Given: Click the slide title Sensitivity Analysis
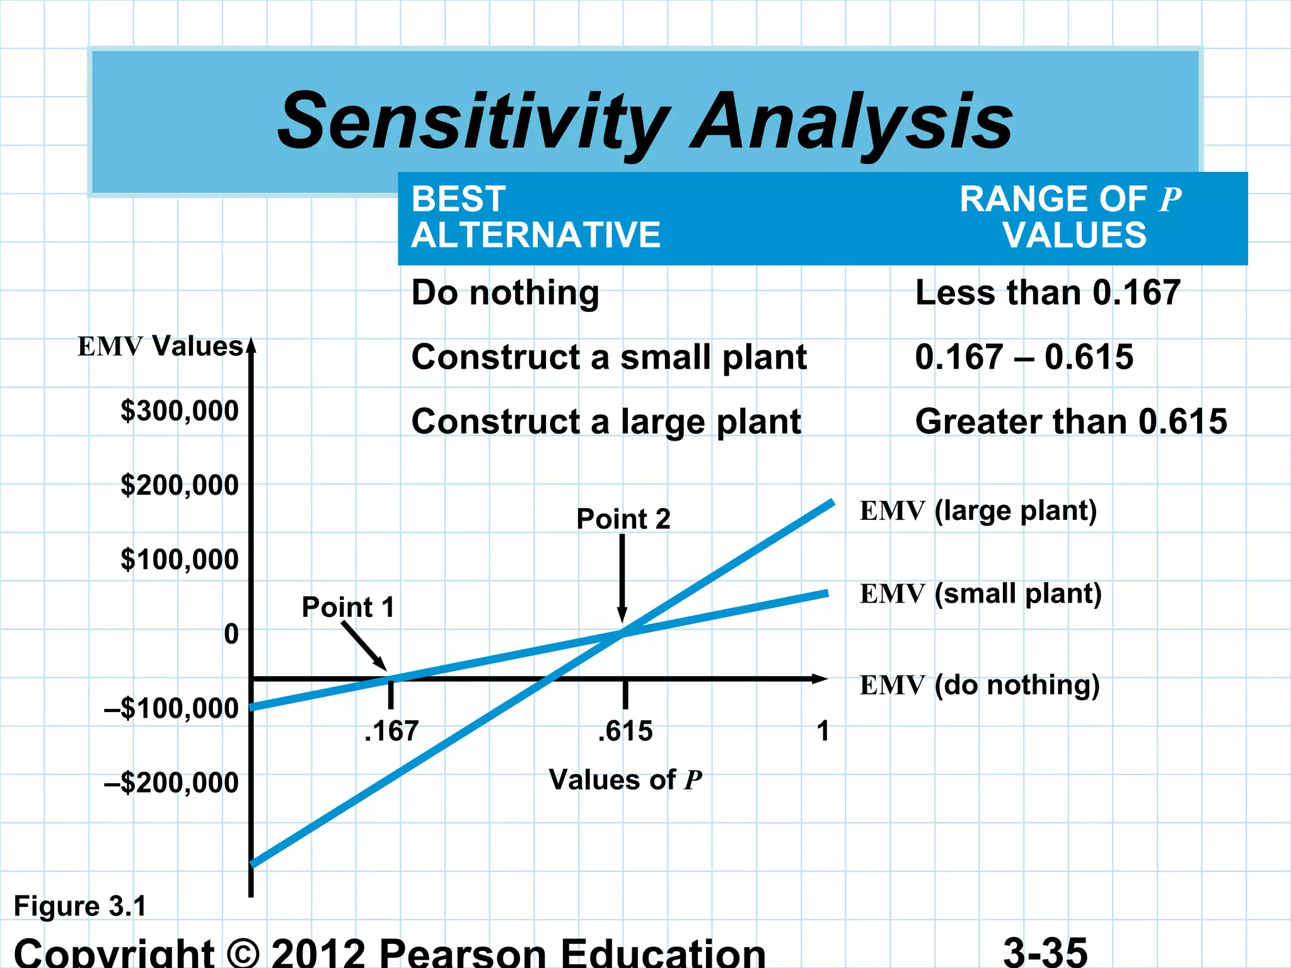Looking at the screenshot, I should (x=645, y=121).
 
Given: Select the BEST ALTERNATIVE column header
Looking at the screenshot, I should (x=535, y=217).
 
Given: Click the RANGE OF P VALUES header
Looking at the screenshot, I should (x=1071, y=217).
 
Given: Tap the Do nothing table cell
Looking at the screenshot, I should (x=505, y=294).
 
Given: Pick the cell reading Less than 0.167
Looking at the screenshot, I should (x=1048, y=293).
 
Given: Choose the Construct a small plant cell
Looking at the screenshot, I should (x=609, y=357).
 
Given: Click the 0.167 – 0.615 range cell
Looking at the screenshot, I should (x=1024, y=357).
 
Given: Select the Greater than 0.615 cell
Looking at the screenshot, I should (x=1071, y=422).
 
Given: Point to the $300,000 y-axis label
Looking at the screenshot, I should (x=180, y=411).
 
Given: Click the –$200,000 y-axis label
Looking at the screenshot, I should (x=171, y=783).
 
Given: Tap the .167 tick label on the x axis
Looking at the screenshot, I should (x=391, y=731).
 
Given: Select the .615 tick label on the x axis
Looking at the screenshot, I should (x=625, y=731).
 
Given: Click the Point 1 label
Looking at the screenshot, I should (x=348, y=608).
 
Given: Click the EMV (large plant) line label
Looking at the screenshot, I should (x=978, y=511).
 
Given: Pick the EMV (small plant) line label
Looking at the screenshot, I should (x=980, y=594).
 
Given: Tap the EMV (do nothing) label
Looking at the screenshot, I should (x=980, y=685).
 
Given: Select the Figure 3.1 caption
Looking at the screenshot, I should (x=80, y=907).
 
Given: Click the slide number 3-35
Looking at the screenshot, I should (x=1045, y=952).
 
